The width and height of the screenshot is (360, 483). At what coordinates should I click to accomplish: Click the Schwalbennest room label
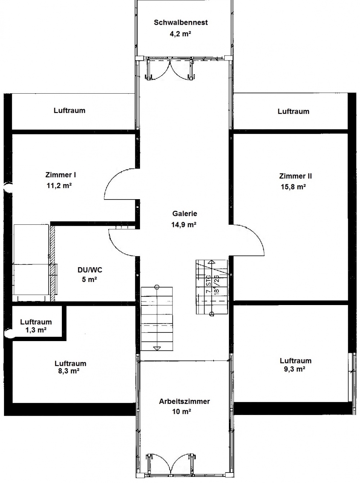click(181, 22)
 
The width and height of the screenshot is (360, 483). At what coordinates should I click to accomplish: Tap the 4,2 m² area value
click(180, 34)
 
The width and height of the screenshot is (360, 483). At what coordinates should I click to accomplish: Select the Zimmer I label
click(61, 175)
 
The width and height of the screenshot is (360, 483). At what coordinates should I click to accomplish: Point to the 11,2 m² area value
click(59, 185)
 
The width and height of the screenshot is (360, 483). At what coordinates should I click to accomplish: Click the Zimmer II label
click(295, 176)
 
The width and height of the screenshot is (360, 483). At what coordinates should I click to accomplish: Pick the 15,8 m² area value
click(293, 187)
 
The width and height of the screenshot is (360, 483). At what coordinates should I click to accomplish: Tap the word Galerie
click(185, 214)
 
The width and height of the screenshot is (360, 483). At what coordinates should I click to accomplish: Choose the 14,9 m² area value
click(184, 225)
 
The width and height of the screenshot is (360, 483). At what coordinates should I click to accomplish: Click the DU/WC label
click(90, 270)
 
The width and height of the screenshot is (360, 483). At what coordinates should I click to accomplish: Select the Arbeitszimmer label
click(184, 401)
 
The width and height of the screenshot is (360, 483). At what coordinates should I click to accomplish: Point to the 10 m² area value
click(181, 411)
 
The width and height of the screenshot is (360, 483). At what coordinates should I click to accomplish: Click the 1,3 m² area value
click(36, 330)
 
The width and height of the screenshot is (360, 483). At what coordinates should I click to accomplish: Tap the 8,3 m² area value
click(69, 371)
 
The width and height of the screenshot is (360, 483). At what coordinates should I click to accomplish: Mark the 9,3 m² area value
click(294, 369)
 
